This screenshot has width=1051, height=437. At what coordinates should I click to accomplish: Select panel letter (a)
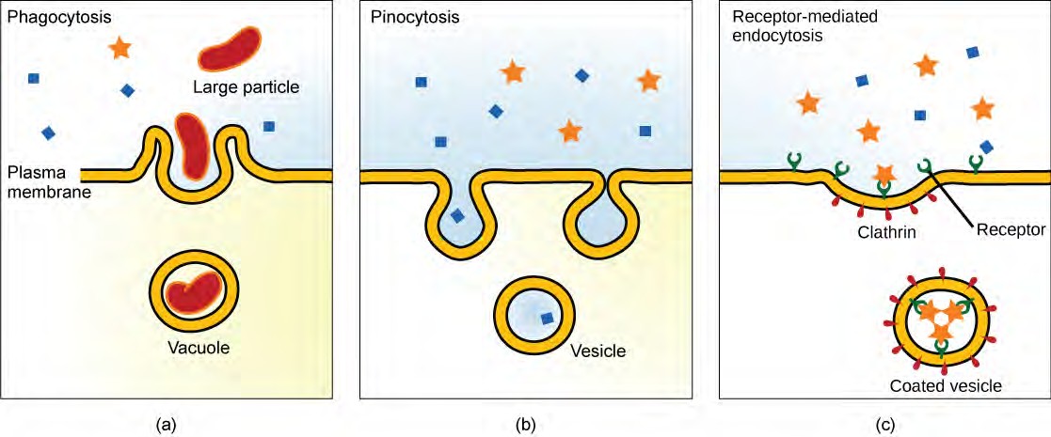[166, 424]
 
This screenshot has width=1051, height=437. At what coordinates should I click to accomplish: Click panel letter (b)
[525, 424]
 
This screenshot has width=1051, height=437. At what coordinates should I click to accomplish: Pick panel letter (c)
[884, 424]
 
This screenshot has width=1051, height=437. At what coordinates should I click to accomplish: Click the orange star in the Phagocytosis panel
[119, 47]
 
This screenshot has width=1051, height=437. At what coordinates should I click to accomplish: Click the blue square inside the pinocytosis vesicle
[546, 318]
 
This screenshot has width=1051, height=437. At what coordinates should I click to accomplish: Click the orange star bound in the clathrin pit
[883, 174]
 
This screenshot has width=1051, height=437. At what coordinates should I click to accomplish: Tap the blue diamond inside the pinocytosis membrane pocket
[457, 215]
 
